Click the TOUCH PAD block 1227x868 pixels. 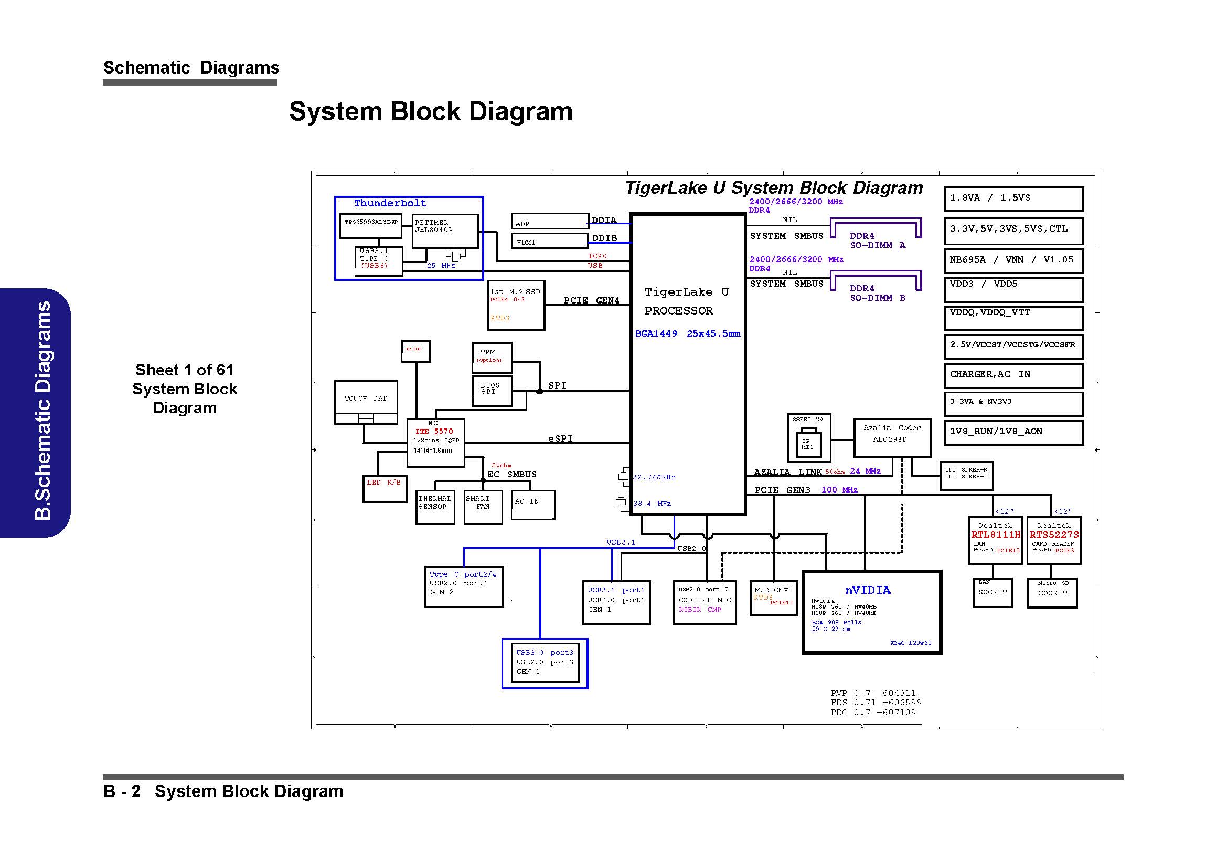pyautogui.click(x=366, y=402)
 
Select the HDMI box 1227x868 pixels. pyautogui.click(x=549, y=241)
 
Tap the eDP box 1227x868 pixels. pyautogui.click(x=549, y=222)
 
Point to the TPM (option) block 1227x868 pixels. pyautogui.click(x=492, y=357)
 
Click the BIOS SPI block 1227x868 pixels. pyautogui.click(x=492, y=390)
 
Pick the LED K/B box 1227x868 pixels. pyautogui.click(x=384, y=488)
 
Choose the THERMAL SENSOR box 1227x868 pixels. pyautogui.click(x=435, y=507)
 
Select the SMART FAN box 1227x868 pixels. pyautogui.click(x=483, y=507)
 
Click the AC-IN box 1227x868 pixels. pyautogui.click(x=532, y=504)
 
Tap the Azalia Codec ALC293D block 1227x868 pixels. pyautogui.click(x=891, y=437)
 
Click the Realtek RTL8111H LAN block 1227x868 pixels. pyautogui.click(x=995, y=539)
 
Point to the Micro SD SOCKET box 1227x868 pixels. pyautogui.click(x=1052, y=592)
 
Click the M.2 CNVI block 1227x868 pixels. pyautogui.click(x=773, y=598)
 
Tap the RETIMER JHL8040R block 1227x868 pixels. pyautogui.click(x=445, y=231)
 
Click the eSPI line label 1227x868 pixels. pyautogui.click(x=560, y=438)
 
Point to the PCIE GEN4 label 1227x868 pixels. pyautogui.click(x=591, y=300)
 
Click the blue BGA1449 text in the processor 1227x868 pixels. pyautogui.click(x=656, y=334)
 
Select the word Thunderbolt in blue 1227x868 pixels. pyautogui.click(x=390, y=203)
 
